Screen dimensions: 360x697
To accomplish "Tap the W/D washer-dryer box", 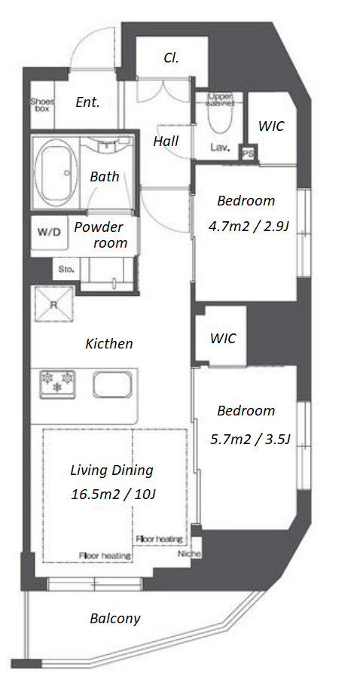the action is coord(50,233).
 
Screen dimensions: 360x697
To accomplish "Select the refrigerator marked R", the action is coord(53,304).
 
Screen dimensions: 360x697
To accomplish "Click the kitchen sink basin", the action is coord(112,384).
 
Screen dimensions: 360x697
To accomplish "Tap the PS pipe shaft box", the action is coord(248,154).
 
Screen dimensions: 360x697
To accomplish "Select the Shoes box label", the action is coord(42,105).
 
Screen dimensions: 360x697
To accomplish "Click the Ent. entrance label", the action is coord(87,102).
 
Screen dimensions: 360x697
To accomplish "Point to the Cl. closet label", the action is coord(171,58).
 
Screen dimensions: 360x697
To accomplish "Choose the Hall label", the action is coord(166,142).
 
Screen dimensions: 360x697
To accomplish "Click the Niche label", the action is coord(190,554).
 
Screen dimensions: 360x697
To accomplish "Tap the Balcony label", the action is coord(114,618).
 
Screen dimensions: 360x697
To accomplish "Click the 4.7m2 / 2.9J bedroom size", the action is coord(249,227).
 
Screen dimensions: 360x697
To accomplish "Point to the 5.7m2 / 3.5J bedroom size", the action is coord(250,440).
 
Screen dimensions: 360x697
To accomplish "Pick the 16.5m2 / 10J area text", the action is coord(113,495).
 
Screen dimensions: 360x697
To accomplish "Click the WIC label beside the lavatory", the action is coord(271,126).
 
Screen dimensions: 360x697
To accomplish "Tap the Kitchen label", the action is coord(109,344).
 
